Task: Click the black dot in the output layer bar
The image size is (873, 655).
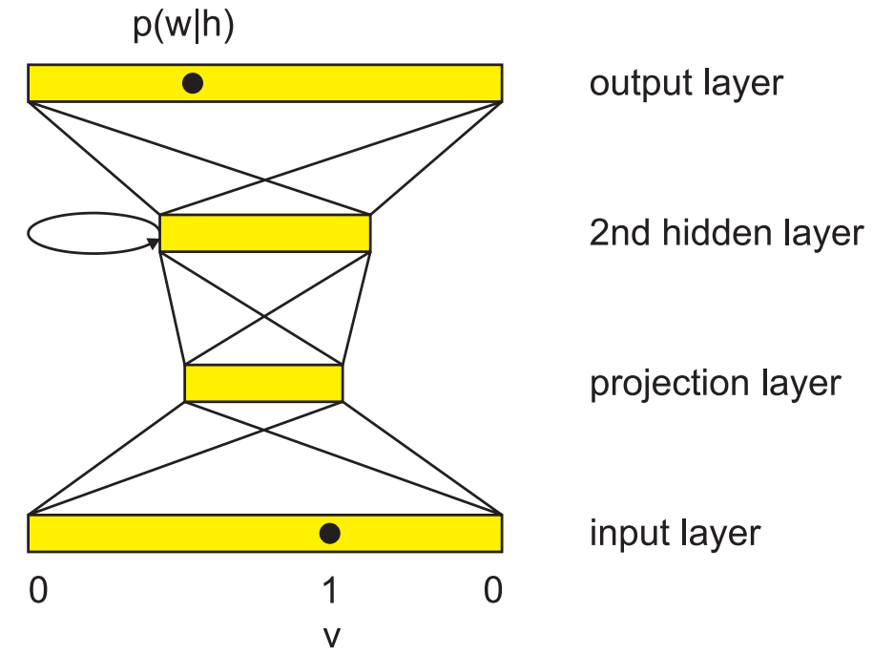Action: pyautogui.click(x=193, y=83)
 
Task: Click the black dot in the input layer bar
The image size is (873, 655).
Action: pyautogui.click(x=330, y=533)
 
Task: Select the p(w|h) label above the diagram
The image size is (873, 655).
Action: pyautogui.click(x=183, y=27)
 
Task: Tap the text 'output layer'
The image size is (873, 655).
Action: pyautogui.click(x=686, y=84)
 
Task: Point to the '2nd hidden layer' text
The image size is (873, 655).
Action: pyautogui.click(x=725, y=233)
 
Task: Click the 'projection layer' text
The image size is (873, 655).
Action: pyautogui.click(x=715, y=384)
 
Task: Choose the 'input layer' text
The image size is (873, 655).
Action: pyautogui.click(x=675, y=533)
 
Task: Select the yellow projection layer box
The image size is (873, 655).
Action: pyautogui.click(x=263, y=383)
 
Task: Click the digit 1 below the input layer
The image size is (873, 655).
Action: pyautogui.click(x=329, y=592)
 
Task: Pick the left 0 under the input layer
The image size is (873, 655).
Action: pyautogui.click(x=37, y=592)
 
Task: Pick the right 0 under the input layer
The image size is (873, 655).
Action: pyautogui.click(x=492, y=592)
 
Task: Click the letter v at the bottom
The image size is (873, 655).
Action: pyautogui.click(x=330, y=636)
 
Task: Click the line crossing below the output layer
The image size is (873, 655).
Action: pyautogui.click(x=265, y=179)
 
